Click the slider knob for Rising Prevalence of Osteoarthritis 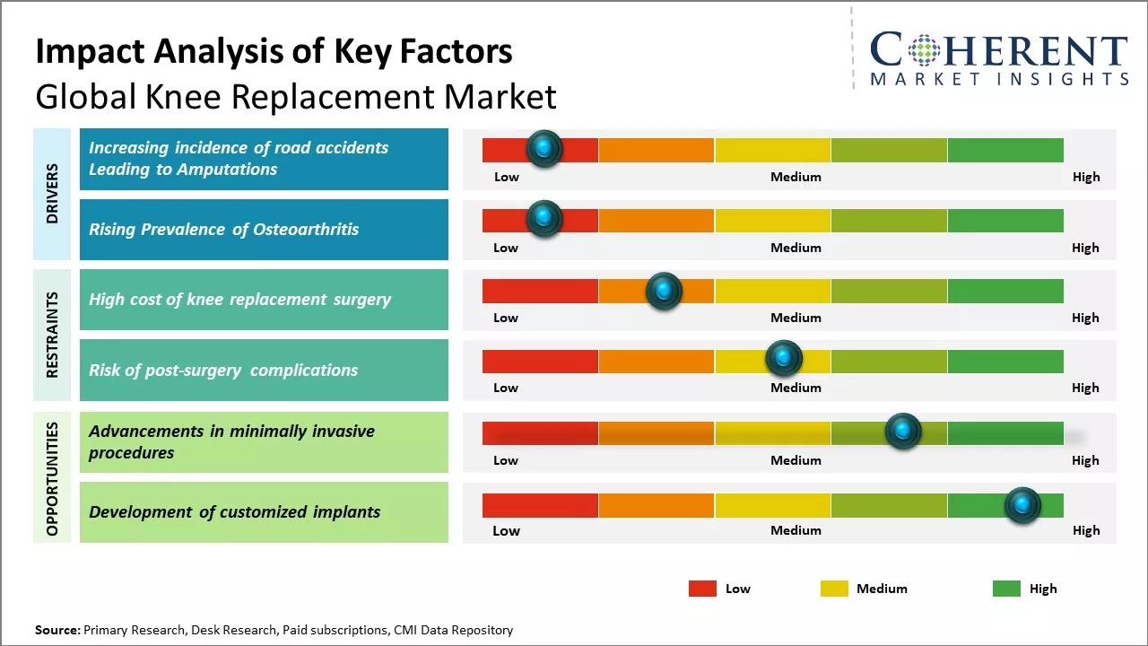544,219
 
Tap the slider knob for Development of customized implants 1022,506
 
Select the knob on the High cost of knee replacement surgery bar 664,291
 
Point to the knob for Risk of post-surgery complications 784,359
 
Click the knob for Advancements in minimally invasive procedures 903,432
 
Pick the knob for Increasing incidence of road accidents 544,149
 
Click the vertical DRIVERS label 52,194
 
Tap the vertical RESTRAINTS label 52,335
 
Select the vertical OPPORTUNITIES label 52,478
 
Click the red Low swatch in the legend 702,589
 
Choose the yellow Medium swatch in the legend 834,589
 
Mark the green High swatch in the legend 1006,589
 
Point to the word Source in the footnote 57,631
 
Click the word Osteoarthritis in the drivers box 306,230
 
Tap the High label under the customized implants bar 1085,531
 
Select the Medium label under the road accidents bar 796,177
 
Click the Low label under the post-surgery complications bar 506,388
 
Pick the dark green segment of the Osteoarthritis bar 1005,221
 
